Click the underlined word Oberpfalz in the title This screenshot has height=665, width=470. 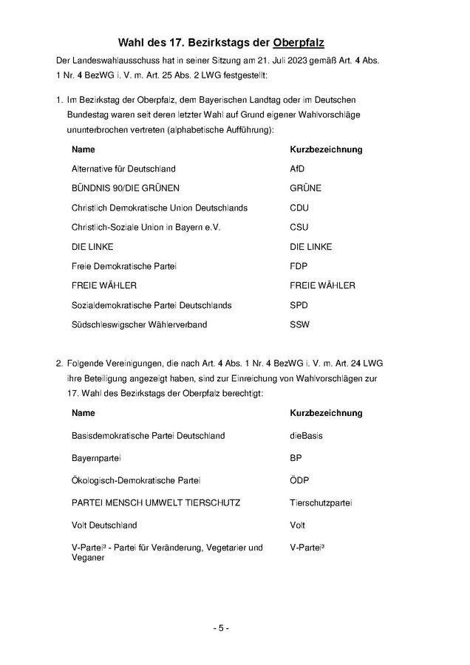click(299, 42)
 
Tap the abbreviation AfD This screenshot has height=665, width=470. click(297, 168)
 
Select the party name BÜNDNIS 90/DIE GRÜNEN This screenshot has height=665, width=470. click(125, 188)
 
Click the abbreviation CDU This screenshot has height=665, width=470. click(299, 208)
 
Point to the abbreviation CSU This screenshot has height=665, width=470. click(299, 227)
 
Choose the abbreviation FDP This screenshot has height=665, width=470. click(299, 266)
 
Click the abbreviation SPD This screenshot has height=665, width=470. click(299, 305)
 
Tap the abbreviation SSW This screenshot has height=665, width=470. click(299, 324)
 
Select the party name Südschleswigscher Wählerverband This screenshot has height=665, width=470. click(139, 324)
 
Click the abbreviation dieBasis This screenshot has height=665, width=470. click(306, 436)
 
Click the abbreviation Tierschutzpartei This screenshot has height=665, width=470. click(321, 502)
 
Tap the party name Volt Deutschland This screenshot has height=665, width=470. click(104, 525)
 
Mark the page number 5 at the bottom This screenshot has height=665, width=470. click(221, 628)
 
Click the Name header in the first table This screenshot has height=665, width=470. click(83, 149)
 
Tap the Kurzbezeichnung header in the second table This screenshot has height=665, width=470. click(326, 412)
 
